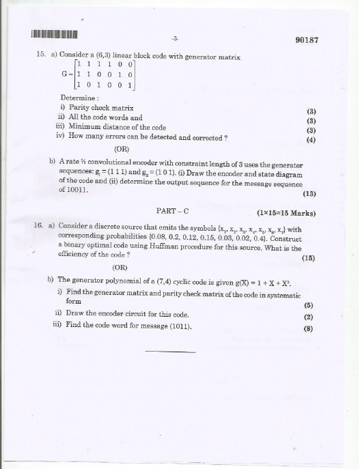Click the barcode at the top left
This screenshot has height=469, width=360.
pyautogui.click(x=53, y=33)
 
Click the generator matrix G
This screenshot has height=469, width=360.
pyautogui.click(x=100, y=75)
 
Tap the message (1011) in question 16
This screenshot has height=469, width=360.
pyautogui.click(x=178, y=326)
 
